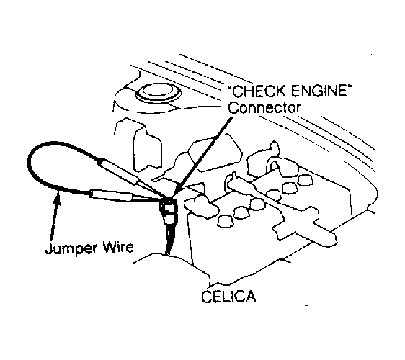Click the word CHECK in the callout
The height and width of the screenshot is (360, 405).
(259, 91)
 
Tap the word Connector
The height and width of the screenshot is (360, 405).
(264, 107)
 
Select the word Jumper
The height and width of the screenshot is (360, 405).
(72, 248)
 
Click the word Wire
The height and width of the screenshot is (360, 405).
(118, 247)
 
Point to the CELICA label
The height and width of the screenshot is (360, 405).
(228, 297)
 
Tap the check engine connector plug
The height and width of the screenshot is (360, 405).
(168, 210)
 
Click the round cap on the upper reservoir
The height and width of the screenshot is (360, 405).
(158, 94)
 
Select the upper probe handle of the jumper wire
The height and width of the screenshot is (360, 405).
(117, 171)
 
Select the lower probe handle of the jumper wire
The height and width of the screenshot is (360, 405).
(111, 195)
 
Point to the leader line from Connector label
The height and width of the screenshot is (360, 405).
(202, 157)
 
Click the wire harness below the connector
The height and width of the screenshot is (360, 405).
(169, 239)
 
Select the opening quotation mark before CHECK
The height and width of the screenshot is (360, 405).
(230, 88)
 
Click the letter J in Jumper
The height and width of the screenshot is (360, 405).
(48, 248)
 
